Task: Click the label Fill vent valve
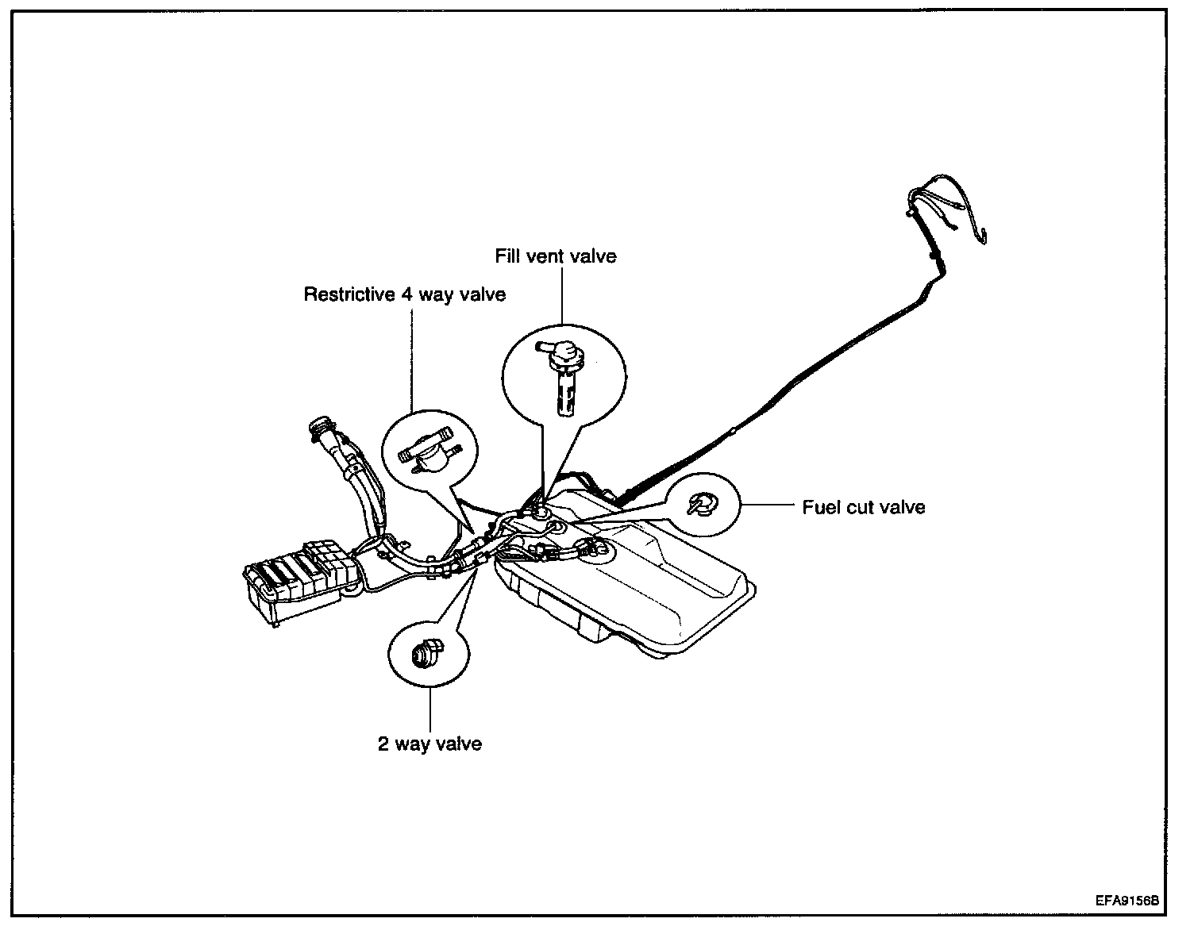pyautogui.click(x=556, y=256)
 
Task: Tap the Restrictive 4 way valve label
pyautogui.click(x=404, y=295)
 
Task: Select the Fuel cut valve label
pyautogui.click(x=863, y=507)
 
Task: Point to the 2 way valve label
pyautogui.click(x=429, y=744)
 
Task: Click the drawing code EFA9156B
pyautogui.click(x=1127, y=901)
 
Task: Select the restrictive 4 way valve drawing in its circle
pyautogui.click(x=429, y=450)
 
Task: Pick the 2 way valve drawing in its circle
pyautogui.click(x=428, y=653)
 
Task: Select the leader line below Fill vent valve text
pyautogui.click(x=562, y=296)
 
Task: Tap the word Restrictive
pyautogui.click(x=349, y=294)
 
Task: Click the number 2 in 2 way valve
pyautogui.click(x=383, y=744)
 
